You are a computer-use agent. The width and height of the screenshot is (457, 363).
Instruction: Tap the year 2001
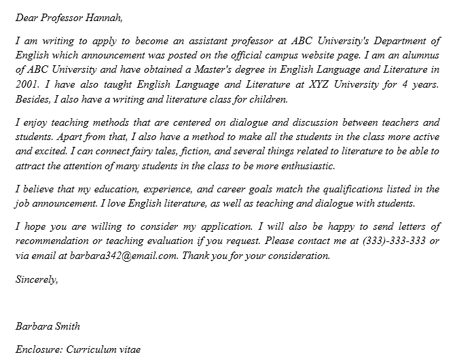coord(27,84)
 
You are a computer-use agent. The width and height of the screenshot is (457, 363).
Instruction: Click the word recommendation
coord(54,241)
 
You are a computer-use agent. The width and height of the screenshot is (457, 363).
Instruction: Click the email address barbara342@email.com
coord(119,256)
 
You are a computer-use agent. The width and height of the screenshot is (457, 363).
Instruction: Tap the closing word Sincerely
coord(37,278)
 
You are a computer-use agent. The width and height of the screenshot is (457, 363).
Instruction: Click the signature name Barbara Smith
coord(48,326)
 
